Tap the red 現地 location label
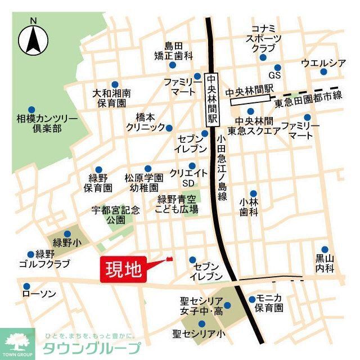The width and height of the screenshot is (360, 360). click(x=123, y=269)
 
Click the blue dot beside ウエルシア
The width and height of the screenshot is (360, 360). click(x=323, y=71)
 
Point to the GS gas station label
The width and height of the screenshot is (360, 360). click(x=274, y=75)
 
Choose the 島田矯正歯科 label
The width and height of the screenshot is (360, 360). click(x=174, y=51)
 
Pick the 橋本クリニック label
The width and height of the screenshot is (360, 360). click(x=145, y=123)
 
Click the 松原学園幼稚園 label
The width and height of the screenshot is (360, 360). click(x=144, y=183)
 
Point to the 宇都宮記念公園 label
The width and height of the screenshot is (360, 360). click(x=116, y=215)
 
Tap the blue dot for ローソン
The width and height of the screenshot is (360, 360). click(x=25, y=284)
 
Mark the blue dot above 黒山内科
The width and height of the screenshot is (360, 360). click(x=325, y=249)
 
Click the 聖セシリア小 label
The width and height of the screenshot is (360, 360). click(x=199, y=334)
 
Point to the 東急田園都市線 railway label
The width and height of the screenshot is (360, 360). click(x=308, y=104)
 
